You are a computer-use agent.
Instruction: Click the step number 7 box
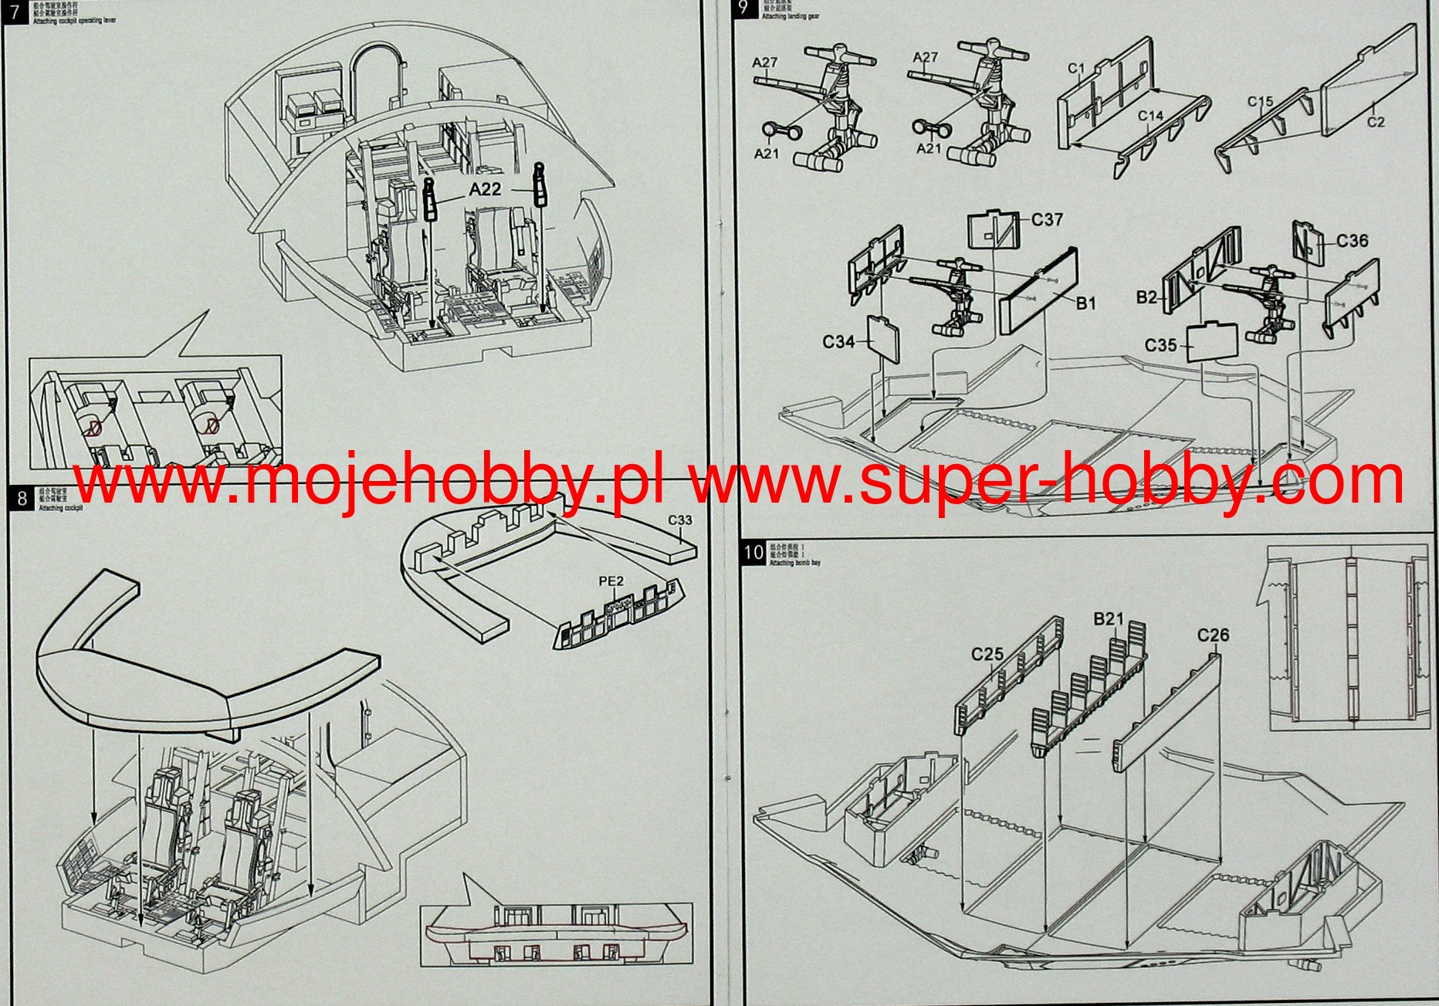point(13,12)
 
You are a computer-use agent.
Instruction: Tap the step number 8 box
point(22,499)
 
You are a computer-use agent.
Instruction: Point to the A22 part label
point(485,189)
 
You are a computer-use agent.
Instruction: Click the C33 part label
point(680,520)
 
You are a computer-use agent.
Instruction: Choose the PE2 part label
point(611,581)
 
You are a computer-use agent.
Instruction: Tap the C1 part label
point(1076,68)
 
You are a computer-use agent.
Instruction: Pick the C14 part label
point(1150,116)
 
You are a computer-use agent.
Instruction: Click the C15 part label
point(1260,101)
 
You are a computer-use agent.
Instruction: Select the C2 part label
point(1376,121)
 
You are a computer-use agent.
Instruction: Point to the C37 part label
point(1047,220)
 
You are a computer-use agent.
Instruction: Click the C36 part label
point(1352,241)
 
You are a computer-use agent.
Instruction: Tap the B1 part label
point(1085,303)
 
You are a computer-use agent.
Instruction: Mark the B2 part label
point(1146,297)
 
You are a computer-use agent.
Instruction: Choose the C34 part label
point(838,341)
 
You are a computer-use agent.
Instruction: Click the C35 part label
point(1160,345)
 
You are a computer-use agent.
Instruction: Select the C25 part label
point(987,655)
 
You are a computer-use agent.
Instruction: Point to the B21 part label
point(1109,618)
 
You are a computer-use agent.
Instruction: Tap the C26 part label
point(1213,635)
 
